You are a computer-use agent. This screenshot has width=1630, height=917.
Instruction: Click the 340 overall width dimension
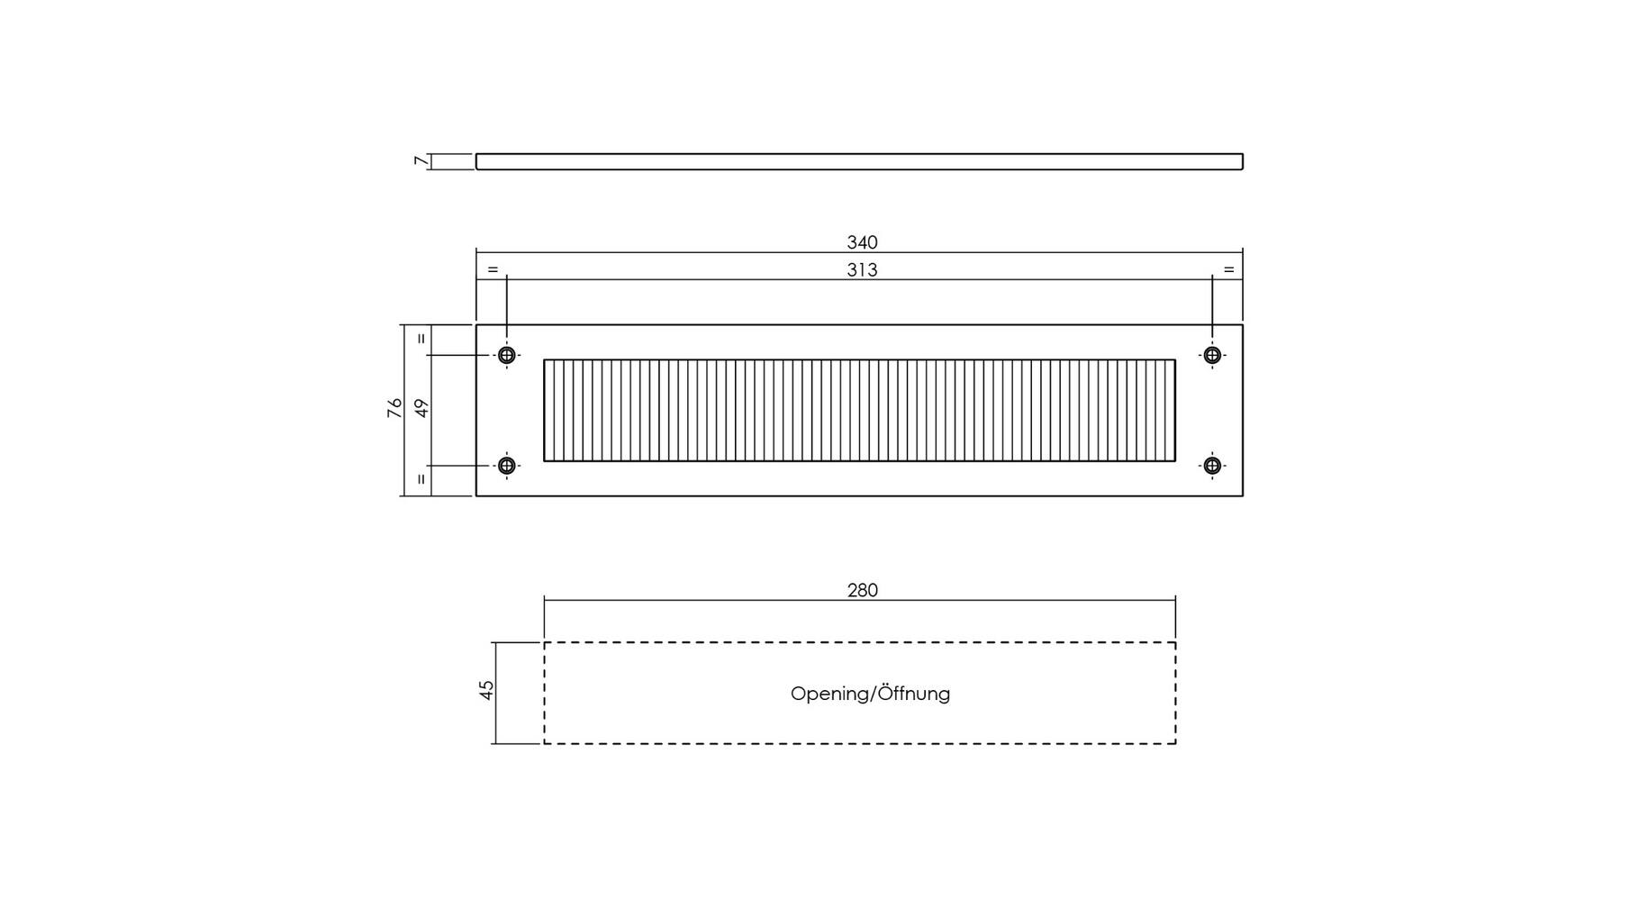(862, 242)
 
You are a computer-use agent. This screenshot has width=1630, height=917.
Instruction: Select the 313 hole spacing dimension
(862, 270)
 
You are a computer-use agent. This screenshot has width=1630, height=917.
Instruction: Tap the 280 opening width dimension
(862, 590)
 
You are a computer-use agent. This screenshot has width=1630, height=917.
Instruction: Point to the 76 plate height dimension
(394, 408)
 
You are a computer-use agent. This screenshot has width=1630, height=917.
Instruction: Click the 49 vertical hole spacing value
(421, 408)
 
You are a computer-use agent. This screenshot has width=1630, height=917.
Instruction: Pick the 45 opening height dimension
(486, 690)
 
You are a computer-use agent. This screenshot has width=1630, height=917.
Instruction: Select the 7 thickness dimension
(420, 161)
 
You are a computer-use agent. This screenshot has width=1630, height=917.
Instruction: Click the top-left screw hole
(507, 355)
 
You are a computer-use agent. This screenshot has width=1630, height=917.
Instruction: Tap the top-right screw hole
(1212, 355)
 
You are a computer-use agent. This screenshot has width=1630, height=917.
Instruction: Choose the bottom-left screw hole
(507, 466)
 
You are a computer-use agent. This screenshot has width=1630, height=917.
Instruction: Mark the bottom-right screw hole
(1212, 466)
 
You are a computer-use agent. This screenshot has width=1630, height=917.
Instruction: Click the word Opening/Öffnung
(870, 694)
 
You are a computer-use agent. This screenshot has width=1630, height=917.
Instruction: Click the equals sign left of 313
(493, 269)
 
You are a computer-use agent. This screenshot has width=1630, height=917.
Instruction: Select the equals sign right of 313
(1228, 269)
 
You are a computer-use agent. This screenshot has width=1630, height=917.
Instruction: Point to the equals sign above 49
(421, 340)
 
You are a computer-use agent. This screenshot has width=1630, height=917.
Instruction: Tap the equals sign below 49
(421, 479)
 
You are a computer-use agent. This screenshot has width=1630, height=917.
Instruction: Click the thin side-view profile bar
(859, 161)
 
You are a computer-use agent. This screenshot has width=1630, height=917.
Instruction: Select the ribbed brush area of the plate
(859, 411)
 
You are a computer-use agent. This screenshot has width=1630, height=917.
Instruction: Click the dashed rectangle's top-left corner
(544, 642)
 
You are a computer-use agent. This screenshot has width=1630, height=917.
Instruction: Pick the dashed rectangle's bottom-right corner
(1175, 743)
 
